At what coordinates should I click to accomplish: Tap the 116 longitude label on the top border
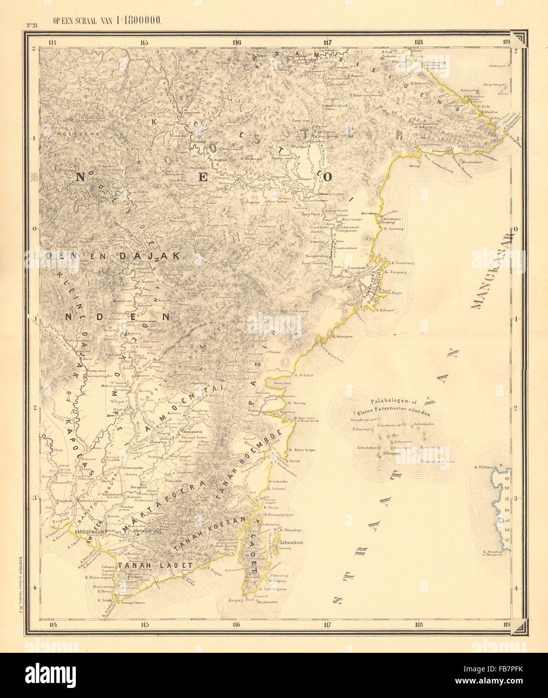tap(236, 42)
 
